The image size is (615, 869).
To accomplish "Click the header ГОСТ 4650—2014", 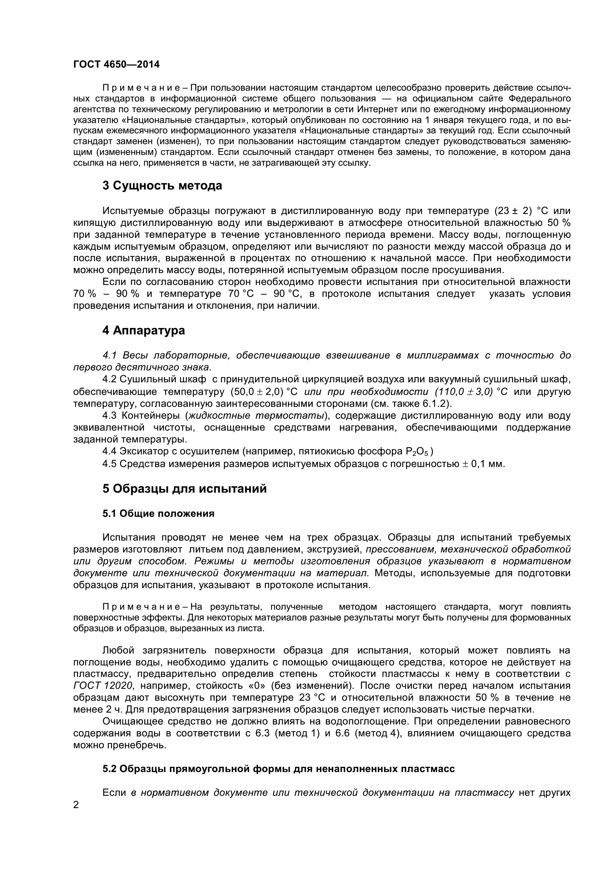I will click(x=116, y=65).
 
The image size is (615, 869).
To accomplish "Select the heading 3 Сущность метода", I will click(x=162, y=186).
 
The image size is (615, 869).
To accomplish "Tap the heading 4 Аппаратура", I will click(x=144, y=330).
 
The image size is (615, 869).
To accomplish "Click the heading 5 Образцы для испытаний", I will click(x=184, y=489).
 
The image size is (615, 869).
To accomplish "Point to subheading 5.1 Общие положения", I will click(x=158, y=513).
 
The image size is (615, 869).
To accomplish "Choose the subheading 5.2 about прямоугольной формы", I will click(x=278, y=769).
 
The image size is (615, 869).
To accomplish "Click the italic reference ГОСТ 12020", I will click(x=103, y=686).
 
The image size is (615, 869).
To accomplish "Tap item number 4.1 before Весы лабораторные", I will click(x=109, y=356).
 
